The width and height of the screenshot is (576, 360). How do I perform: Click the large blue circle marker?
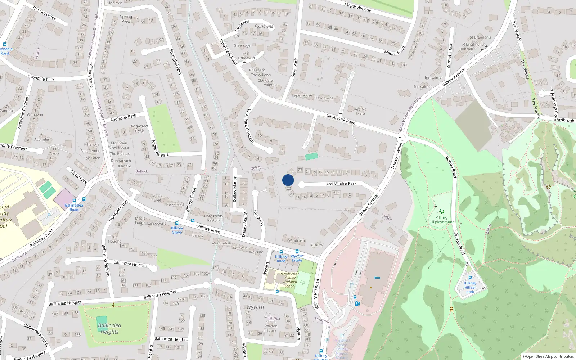[288, 180]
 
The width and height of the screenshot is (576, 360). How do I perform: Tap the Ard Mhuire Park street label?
[341, 184]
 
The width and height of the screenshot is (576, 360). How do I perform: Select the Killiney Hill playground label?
[441, 220]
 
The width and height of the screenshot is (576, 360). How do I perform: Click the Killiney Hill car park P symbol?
[470, 278]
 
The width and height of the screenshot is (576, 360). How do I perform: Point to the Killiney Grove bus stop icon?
[176, 224]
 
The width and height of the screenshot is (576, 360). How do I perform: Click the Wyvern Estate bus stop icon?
[297, 251]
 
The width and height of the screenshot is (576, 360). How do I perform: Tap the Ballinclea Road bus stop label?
[74, 207]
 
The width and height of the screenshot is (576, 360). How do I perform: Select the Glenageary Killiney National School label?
[290, 280]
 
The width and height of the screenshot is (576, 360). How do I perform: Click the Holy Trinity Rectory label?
[213, 218]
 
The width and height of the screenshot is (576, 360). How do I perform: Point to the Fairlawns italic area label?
[264, 26]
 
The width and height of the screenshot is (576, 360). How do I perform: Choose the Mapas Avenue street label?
[357, 7]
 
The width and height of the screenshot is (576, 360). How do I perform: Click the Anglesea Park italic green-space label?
[139, 129]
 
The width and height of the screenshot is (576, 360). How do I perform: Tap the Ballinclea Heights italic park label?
[109, 328]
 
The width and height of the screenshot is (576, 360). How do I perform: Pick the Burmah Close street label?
[449, 55]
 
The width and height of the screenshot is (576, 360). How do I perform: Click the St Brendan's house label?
[480, 37]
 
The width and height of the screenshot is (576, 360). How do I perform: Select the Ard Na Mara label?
[360, 111]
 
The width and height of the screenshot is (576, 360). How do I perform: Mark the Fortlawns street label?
[259, 218]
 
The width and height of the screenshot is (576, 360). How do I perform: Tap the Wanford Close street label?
[118, 211]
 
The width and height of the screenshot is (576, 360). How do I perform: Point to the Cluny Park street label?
[78, 176]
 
